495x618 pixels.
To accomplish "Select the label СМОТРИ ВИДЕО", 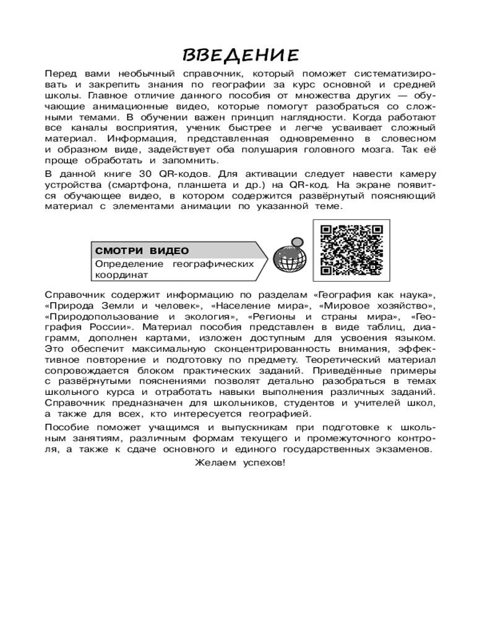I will point(142,250).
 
